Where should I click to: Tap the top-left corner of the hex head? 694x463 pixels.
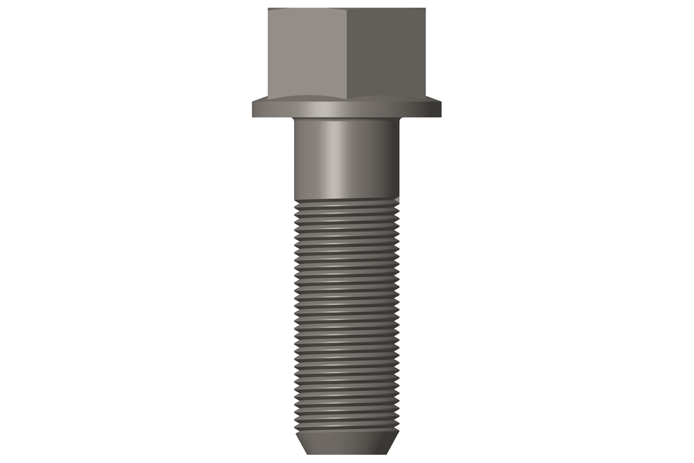(268, 9)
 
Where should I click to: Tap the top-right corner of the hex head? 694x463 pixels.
(426, 9)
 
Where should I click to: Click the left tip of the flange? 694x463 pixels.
(253, 109)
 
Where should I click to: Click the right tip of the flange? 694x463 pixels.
(441, 109)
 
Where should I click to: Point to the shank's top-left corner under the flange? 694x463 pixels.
(295, 119)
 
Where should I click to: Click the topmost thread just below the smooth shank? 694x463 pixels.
(346, 203)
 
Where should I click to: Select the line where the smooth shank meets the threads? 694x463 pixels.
(346, 198)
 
